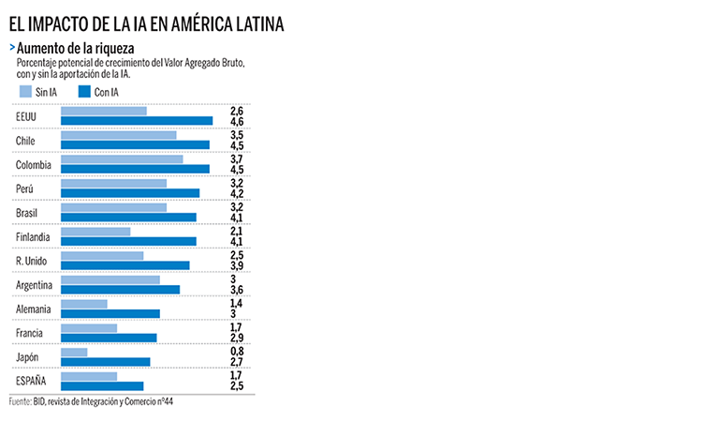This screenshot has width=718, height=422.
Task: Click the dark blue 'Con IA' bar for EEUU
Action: coord(137,121)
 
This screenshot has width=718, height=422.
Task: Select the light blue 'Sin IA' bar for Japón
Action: coord(74,353)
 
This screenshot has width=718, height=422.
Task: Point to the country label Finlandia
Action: coord(33,237)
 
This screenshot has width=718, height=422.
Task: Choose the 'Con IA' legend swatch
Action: coord(83,92)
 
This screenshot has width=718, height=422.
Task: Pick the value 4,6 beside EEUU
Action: coord(236,122)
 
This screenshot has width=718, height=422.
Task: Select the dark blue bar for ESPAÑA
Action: coord(102,386)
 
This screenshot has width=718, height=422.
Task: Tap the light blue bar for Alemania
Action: coord(84,304)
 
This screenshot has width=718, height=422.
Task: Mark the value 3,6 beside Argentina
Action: coord(236,290)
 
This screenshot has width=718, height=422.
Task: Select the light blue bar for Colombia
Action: coord(122,159)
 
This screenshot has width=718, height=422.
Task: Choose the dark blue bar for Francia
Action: coord(109,339)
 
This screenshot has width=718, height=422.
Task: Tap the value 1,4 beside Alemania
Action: coord(236,304)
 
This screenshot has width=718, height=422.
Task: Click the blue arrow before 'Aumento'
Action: coord(11,47)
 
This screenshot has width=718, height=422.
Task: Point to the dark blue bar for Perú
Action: coord(130,193)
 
